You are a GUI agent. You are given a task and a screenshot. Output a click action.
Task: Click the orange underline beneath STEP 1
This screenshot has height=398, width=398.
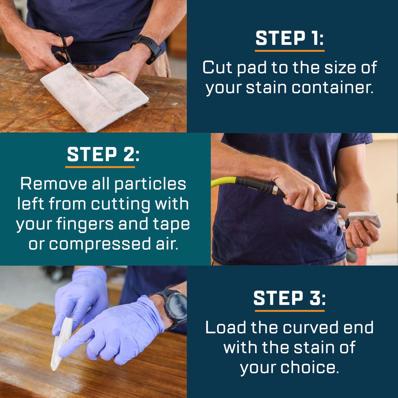coord(290,50)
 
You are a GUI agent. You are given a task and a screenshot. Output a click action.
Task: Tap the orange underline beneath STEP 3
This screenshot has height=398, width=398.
coord(289,310)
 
